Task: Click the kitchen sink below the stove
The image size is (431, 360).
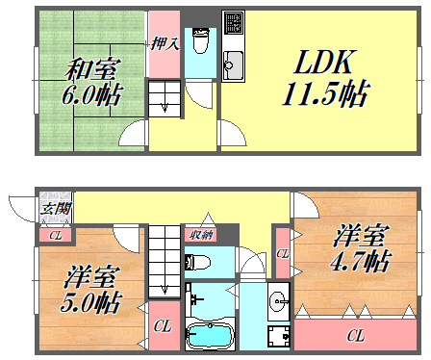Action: tap(232, 67)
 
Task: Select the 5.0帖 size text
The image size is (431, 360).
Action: tap(92, 305)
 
